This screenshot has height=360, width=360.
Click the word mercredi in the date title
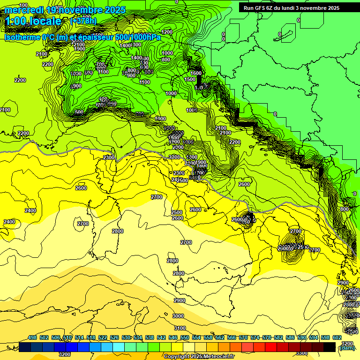[x=23, y=10]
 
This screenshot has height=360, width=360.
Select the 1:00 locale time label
[x=33, y=21]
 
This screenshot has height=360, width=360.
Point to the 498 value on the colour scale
[x=32, y=337]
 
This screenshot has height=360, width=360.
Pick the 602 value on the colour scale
[x=337, y=337]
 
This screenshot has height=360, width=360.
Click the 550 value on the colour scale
[x=185, y=337]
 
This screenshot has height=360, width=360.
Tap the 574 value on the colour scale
[x=255, y=337]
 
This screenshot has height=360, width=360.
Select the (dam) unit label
[x=346, y=348]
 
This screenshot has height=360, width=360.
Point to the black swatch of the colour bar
[x=330, y=347]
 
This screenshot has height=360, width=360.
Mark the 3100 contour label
[x=180, y=328]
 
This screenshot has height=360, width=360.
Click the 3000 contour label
[x=178, y=316]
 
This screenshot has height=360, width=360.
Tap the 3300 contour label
[x=302, y=353]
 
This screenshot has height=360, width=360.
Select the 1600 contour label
[x=196, y=73]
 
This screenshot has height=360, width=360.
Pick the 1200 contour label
[x=167, y=32]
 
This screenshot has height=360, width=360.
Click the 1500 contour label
[x=190, y=79]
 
